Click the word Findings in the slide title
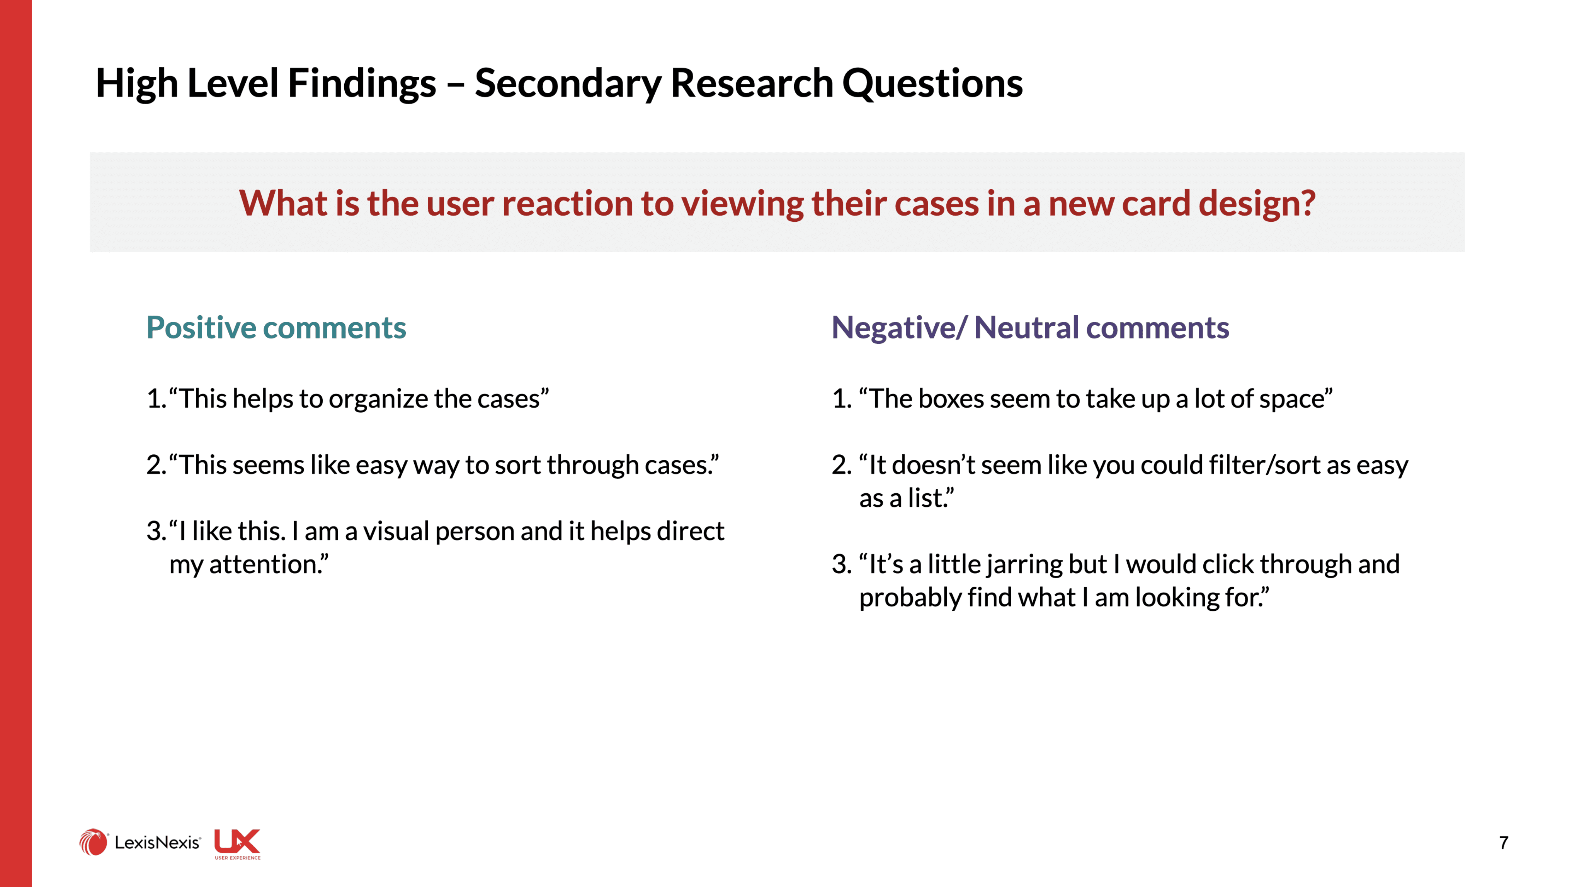tap(362, 83)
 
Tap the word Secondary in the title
tap(568, 83)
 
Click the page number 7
tap(1504, 843)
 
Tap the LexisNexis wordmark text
tap(157, 843)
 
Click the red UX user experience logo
tap(238, 844)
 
